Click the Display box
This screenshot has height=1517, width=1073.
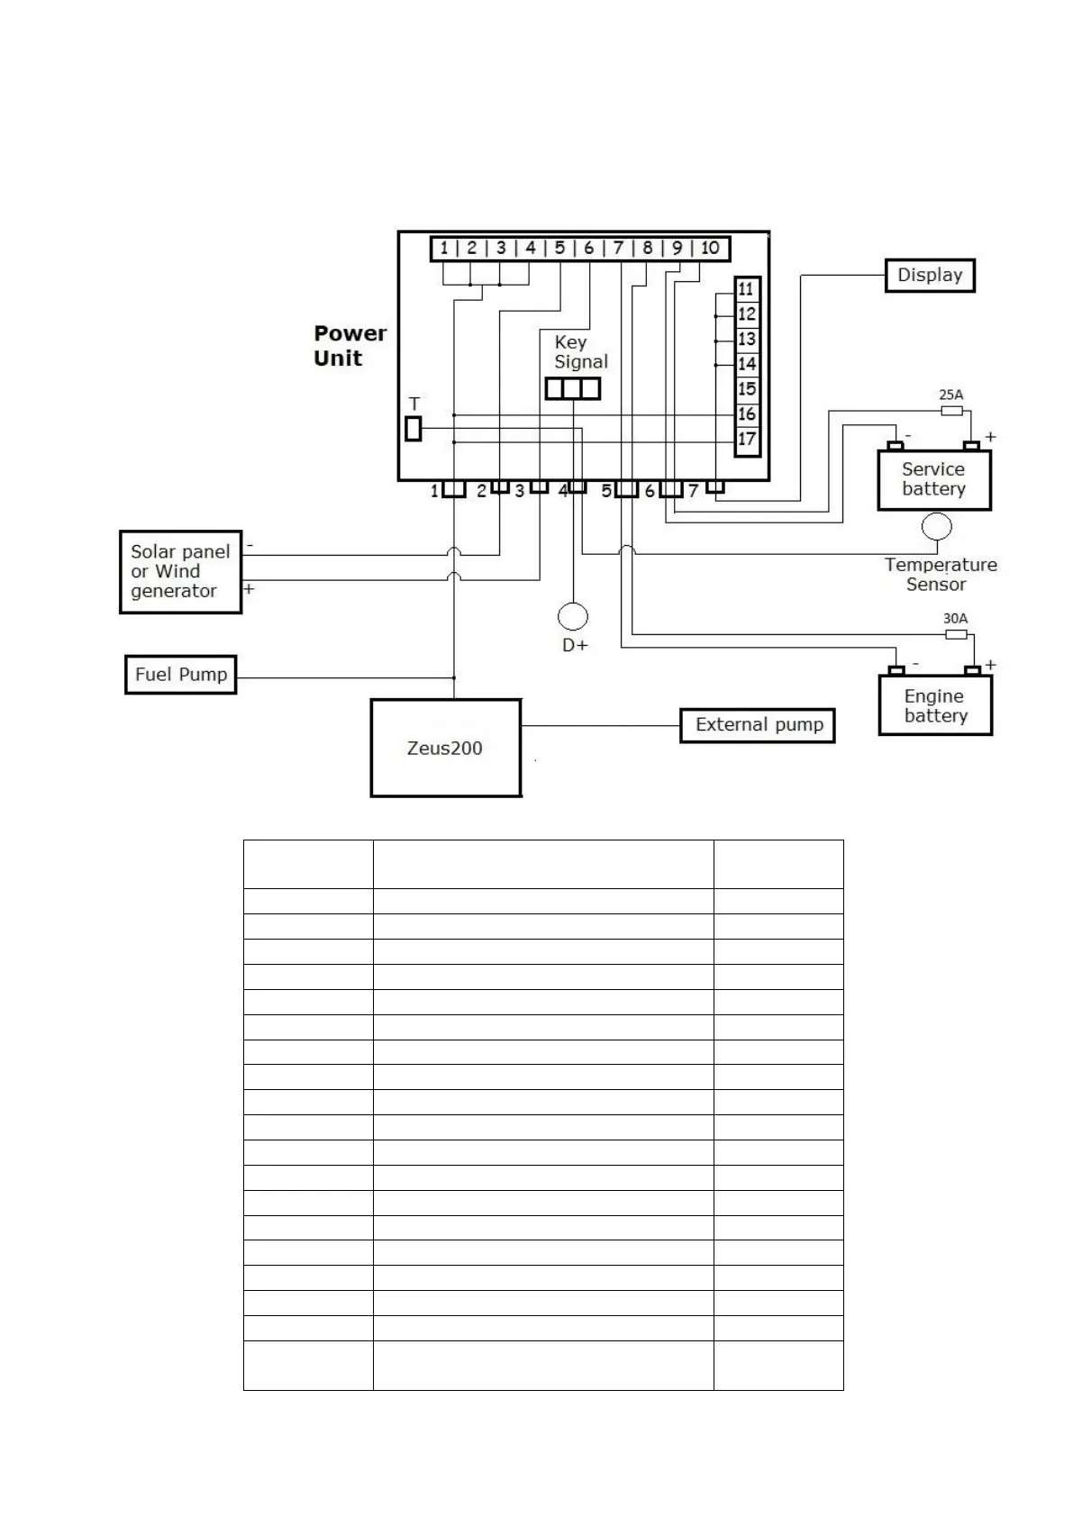click(930, 276)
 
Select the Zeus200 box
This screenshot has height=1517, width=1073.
click(445, 748)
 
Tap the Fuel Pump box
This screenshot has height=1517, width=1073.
click(180, 675)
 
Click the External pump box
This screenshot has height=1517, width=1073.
click(758, 725)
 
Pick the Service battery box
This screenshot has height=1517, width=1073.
click(934, 480)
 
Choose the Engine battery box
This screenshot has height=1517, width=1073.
click(935, 706)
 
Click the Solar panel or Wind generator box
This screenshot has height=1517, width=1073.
click(180, 572)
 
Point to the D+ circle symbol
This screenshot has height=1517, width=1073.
click(573, 617)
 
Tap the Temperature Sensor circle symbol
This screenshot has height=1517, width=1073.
click(937, 526)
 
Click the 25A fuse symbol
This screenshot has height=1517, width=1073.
click(952, 411)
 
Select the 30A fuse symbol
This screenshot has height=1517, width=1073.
click(956, 634)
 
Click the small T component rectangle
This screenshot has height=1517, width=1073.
click(414, 429)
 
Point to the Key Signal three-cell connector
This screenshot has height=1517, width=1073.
click(573, 388)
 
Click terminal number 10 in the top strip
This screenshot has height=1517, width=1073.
click(710, 248)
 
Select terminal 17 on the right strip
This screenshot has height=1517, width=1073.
click(747, 440)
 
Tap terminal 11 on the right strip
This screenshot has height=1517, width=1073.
click(747, 289)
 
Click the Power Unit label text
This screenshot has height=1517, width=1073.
click(350, 346)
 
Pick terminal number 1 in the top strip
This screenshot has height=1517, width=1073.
click(444, 248)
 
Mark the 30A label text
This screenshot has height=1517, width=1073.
click(955, 619)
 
